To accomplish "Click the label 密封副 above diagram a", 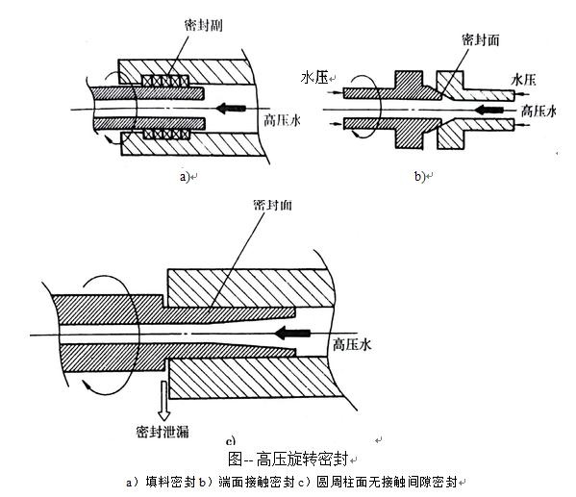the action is click(x=203, y=25).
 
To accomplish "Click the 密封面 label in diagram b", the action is click(x=481, y=40).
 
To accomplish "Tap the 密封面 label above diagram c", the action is click(x=272, y=205).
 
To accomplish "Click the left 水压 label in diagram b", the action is click(x=314, y=78).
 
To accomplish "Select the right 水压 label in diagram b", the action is click(x=523, y=80).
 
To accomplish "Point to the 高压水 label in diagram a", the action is click(x=282, y=120).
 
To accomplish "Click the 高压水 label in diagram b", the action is click(x=538, y=112).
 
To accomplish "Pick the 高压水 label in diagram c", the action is click(x=352, y=345).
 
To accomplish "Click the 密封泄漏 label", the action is click(x=163, y=432).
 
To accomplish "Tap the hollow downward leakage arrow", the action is click(x=163, y=401).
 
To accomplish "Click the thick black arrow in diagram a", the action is click(x=231, y=109).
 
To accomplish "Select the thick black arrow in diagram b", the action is click(x=488, y=109).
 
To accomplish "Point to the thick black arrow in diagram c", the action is click(x=292, y=334).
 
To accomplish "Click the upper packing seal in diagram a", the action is click(x=165, y=81).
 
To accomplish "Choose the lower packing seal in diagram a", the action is click(x=166, y=135).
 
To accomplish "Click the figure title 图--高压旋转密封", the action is click(x=288, y=459).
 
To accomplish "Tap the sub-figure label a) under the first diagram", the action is click(x=184, y=177).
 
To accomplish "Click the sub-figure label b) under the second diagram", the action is click(x=419, y=177).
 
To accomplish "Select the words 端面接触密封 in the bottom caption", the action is click(x=257, y=482).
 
